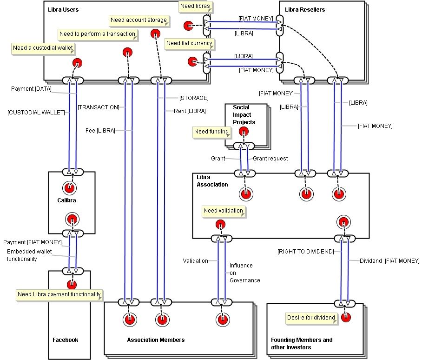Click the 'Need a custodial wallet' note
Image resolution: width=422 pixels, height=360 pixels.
pos(43,48)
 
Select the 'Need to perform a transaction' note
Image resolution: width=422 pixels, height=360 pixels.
pos(98,34)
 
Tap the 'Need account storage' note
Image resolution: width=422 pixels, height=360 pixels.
pos(138,20)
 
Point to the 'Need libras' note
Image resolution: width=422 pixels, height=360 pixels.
pos(195,7)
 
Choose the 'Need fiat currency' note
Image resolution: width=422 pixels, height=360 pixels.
pos(189,44)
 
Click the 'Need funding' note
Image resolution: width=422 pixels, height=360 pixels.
pos(211,132)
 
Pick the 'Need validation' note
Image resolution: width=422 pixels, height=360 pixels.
pos(223,211)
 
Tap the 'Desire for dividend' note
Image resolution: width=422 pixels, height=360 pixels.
pos(311,318)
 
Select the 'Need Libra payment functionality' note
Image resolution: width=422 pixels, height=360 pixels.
pos(59,295)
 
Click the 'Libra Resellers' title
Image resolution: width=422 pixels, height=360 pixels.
pos(305,10)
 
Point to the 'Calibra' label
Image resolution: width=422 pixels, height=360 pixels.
pos(66,201)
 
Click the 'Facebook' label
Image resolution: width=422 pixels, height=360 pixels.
pos(65,340)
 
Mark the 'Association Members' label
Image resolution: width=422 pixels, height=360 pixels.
pos(156,340)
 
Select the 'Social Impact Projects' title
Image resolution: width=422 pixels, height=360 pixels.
pos(244,115)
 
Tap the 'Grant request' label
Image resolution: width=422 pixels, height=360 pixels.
pos(270,159)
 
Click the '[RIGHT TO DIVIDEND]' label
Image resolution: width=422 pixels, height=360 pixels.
pos(305,252)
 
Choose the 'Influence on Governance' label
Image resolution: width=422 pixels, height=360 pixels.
pos(244,273)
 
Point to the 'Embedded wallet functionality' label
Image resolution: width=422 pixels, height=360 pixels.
pos(29,255)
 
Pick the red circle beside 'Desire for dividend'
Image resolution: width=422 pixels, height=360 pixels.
pos(345,317)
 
